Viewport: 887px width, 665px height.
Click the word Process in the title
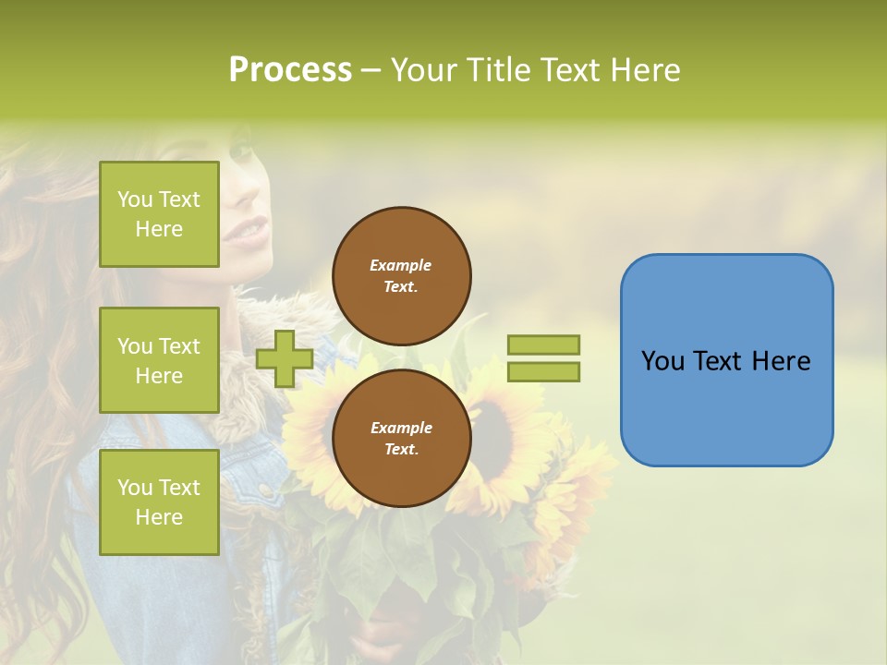290,70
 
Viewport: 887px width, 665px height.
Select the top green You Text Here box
159,214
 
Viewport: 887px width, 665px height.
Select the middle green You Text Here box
159,360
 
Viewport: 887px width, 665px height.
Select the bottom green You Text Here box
159,502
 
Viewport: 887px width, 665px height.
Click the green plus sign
284,358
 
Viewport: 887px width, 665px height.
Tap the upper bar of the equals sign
543,345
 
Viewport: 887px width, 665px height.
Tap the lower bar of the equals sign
543,371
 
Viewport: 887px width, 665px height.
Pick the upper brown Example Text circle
401,276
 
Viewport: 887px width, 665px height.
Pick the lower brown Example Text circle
401,439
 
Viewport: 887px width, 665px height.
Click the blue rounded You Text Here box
726,360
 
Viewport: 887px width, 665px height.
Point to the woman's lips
248,228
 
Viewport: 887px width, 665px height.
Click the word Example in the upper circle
401,265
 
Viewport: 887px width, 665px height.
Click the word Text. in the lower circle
401,449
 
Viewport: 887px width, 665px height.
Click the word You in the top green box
135,199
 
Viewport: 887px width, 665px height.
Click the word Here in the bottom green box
159,517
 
